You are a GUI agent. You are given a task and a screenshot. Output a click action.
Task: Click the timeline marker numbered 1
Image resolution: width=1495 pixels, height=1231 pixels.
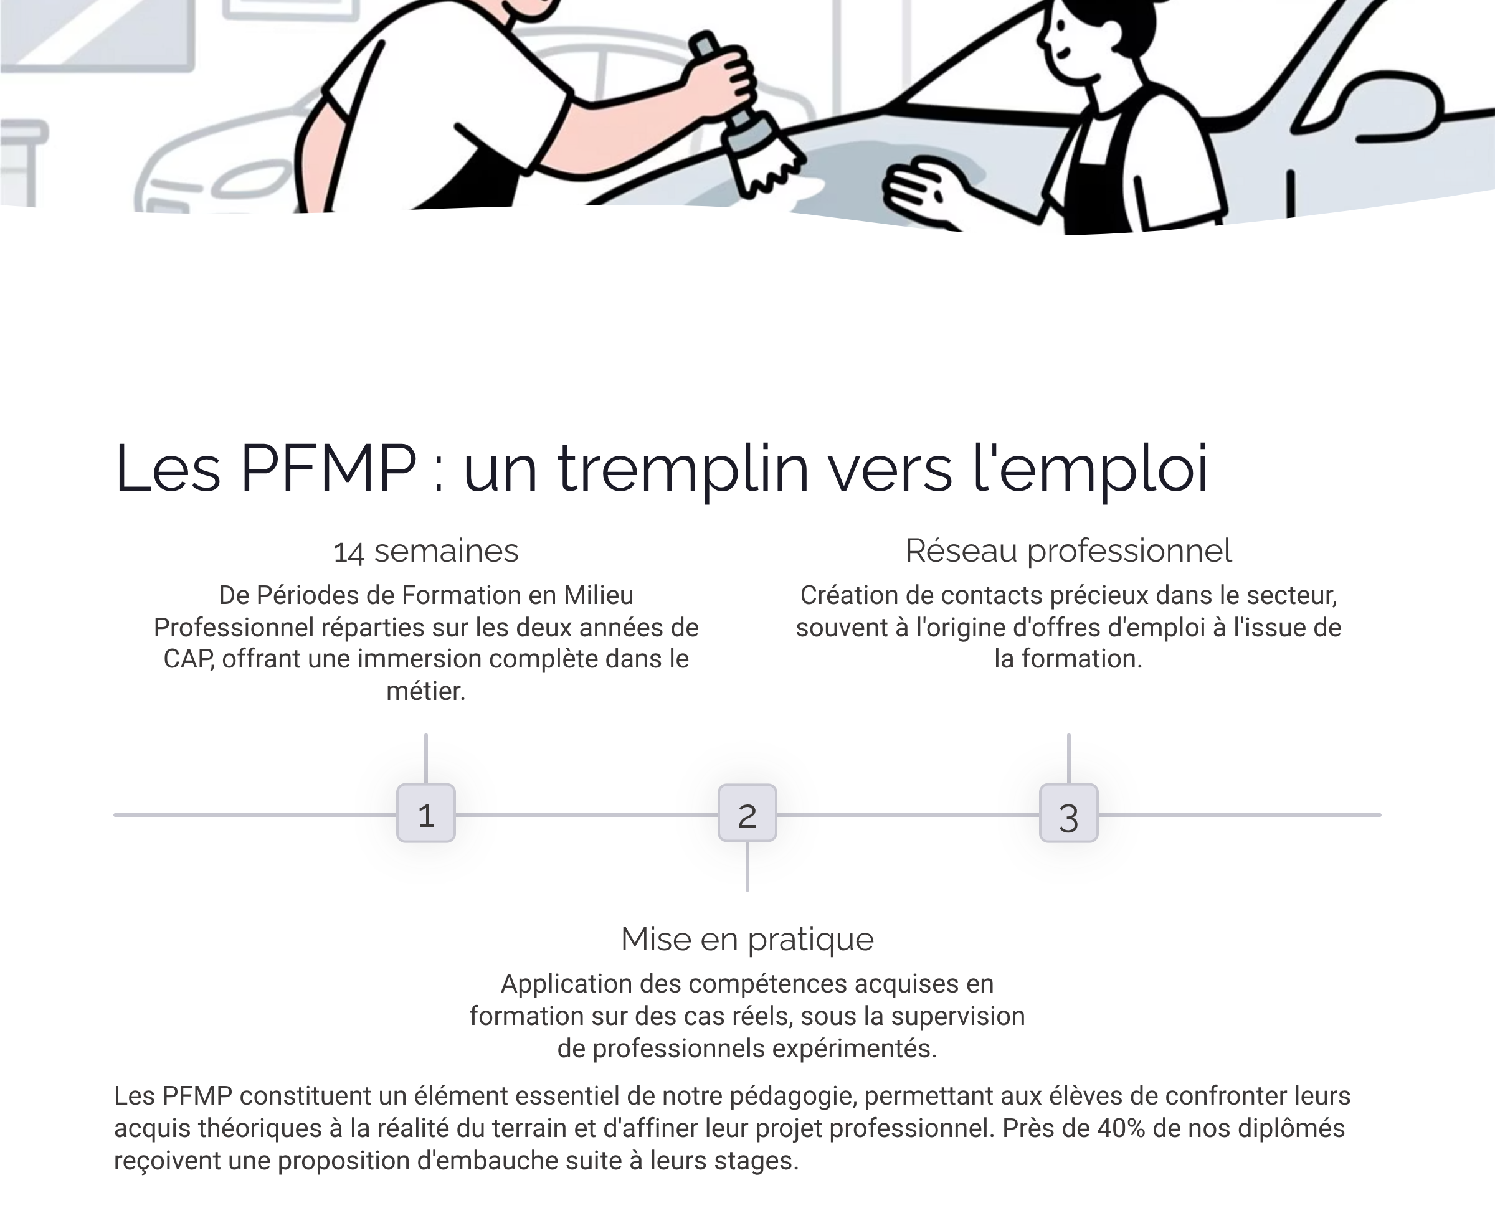tap(425, 813)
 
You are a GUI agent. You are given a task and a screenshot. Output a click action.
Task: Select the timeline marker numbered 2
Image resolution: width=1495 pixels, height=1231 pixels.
tap(747, 813)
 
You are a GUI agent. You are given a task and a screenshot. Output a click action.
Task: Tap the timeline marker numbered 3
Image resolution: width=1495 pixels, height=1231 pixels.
tap(1068, 813)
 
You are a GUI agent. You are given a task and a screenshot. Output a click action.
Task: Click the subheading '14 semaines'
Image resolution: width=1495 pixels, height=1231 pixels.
tap(425, 551)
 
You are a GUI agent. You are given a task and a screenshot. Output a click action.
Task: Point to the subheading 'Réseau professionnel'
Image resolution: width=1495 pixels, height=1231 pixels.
tap(1068, 551)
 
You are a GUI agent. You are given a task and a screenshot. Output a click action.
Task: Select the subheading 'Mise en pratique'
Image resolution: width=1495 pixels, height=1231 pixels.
tap(747, 940)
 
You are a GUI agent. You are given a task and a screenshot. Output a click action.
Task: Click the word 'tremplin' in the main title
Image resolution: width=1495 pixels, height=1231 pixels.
tap(682, 469)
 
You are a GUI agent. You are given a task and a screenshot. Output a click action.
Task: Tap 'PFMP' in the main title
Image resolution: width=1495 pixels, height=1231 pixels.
tap(328, 469)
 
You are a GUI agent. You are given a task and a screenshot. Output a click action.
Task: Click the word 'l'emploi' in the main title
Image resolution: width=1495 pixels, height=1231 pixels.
tap(1090, 469)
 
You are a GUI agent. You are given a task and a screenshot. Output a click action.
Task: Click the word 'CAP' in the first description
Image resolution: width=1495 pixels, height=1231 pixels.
tap(188, 659)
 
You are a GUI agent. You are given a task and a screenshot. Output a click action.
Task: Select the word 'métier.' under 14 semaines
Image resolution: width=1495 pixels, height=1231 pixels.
tap(425, 691)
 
